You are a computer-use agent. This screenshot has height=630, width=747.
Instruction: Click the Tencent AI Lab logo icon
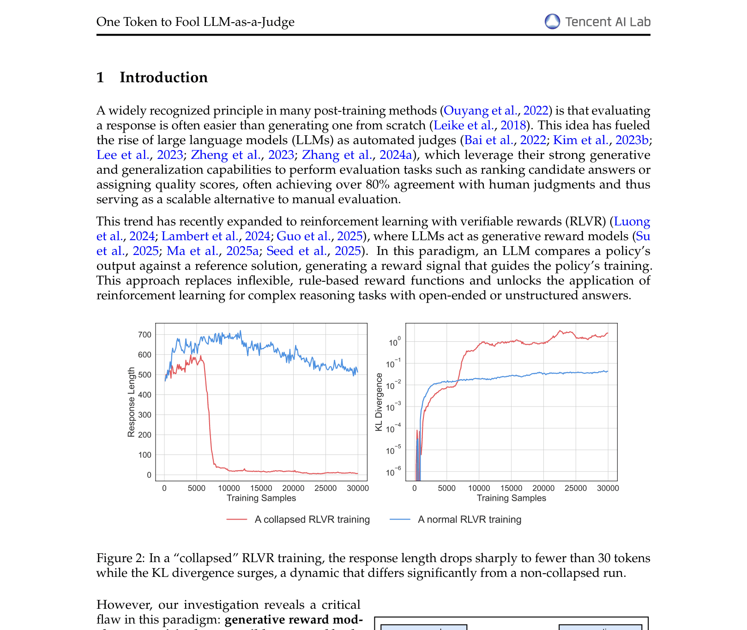[x=552, y=22]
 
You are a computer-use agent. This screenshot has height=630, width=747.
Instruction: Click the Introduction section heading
[x=163, y=78]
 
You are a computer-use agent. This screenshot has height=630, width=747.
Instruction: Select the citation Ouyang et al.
[x=480, y=111]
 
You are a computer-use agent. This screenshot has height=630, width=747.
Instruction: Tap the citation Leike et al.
[x=464, y=126]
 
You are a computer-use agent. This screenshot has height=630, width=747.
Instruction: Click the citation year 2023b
[x=632, y=140]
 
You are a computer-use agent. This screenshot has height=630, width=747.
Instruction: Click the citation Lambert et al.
[x=199, y=236]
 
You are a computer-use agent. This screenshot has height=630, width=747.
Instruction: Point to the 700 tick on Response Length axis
[x=145, y=335]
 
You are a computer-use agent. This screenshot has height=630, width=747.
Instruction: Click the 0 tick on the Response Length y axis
[x=149, y=475]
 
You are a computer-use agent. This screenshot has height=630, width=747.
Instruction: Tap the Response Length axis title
[x=132, y=402]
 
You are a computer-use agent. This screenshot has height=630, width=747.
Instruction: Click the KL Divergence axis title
[x=379, y=402]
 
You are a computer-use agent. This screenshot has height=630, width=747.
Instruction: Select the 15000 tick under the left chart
[x=261, y=488]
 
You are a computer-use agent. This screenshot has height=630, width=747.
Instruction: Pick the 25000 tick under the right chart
[x=576, y=488]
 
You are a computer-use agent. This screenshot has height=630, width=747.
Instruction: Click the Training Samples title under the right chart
[x=511, y=498]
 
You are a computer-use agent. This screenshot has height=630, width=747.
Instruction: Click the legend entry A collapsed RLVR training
[x=312, y=520]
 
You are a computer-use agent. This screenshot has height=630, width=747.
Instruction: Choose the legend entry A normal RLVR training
[x=469, y=520]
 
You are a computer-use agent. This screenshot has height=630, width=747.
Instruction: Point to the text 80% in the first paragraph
[x=378, y=185]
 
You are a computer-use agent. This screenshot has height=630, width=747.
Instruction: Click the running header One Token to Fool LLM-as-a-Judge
[x=195, y=22]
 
